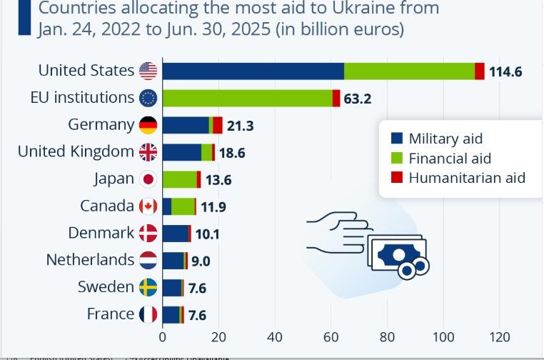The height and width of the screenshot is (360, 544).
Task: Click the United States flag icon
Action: tap(148, 71)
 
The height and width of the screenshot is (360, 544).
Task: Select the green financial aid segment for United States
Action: tap(409, 71)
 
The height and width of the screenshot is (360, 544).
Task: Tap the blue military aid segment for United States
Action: tap(253, 71)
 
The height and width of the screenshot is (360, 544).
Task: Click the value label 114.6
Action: tap(505, 71)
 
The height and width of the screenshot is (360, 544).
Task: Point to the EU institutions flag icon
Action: tap(148, 98)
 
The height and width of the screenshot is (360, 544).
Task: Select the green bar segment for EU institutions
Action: tap(247, 98)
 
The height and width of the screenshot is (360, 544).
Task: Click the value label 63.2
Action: tap(358, 99)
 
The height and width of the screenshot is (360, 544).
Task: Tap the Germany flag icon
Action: tap(148, 125)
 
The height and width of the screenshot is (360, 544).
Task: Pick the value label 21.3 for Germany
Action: tap(240, 126)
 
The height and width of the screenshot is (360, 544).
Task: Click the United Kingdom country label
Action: tap(76, 151)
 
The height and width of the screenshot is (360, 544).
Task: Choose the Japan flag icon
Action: tap(148, 179)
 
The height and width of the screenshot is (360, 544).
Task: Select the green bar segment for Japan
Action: tap(179, 179)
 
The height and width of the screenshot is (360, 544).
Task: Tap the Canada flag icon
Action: tap(148, 206)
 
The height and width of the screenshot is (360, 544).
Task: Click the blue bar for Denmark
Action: tap(175, 234)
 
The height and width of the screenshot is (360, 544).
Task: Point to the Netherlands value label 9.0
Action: tap(201, 261)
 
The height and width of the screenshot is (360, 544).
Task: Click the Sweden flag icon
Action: tap(148, 287)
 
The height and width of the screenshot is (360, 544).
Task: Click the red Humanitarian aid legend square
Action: tap(398, 177)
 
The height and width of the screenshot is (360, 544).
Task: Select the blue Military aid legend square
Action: tap(398, 139)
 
